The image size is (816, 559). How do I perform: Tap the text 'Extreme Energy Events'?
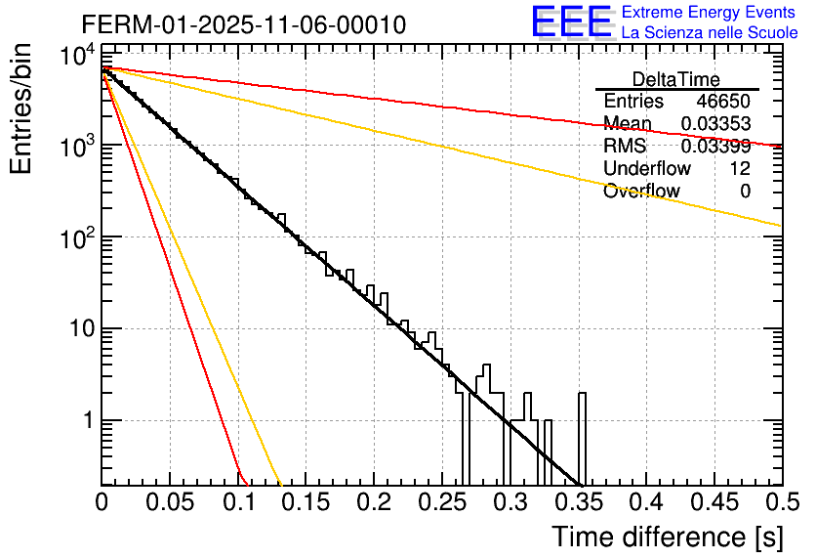(710, 13)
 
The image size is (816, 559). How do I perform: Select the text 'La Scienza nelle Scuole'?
(710, 33)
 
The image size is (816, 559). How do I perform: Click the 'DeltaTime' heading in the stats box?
(676, 79)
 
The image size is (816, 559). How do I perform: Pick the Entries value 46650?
(723, 102)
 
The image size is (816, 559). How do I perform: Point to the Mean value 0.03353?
(715, 123)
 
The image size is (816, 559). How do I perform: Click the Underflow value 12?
(739, 169)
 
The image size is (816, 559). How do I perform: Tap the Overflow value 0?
(745, 192)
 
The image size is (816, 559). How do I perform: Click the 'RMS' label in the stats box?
(625, 147)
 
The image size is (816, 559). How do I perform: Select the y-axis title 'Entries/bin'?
(23, 108)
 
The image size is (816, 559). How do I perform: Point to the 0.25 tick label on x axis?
(441, 503)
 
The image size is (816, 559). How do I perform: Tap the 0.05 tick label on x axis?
(169, 503)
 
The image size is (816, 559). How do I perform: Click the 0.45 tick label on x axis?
(714, 503)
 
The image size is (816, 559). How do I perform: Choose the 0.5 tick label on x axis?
(781, 503)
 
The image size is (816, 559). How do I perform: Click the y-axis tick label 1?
(86, 421)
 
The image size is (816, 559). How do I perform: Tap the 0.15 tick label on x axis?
(306, 503)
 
